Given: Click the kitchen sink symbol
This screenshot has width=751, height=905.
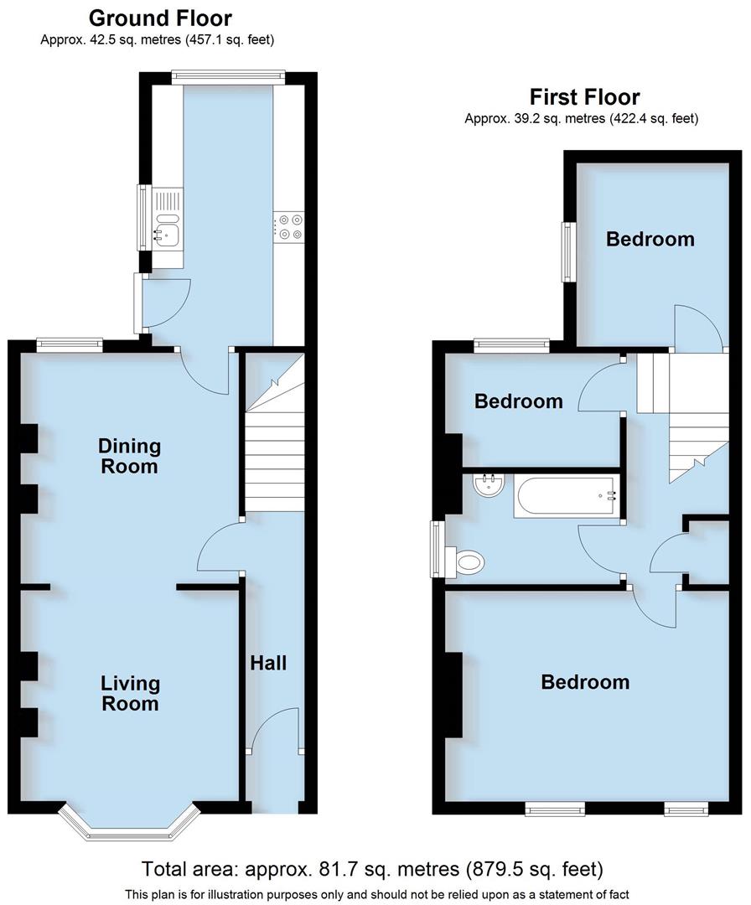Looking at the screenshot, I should [164, 229].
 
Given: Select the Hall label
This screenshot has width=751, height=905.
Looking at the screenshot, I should [268, 664].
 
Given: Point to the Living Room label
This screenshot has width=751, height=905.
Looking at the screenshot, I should [130, 693].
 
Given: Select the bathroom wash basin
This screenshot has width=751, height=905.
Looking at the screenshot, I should [487, 485].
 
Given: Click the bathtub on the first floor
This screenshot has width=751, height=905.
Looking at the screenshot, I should [567, 495].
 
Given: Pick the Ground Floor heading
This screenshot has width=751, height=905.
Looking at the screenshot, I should [160, 18].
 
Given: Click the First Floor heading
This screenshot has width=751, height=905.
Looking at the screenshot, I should [584, 97].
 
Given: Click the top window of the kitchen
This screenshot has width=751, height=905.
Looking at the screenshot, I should [227, 77].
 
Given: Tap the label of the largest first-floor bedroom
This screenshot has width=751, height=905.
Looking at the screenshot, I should [585, 682].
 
